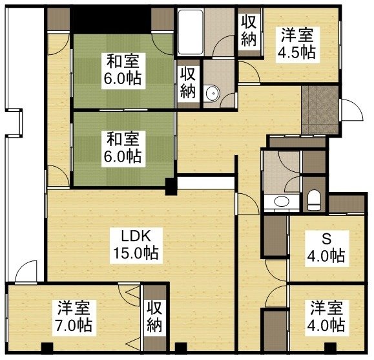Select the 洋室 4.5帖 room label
[296, 43]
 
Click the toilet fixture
[315, 198]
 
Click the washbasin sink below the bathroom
[282, 202]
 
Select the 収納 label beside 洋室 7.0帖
[154, 316]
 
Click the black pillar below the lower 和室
[171, 187]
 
